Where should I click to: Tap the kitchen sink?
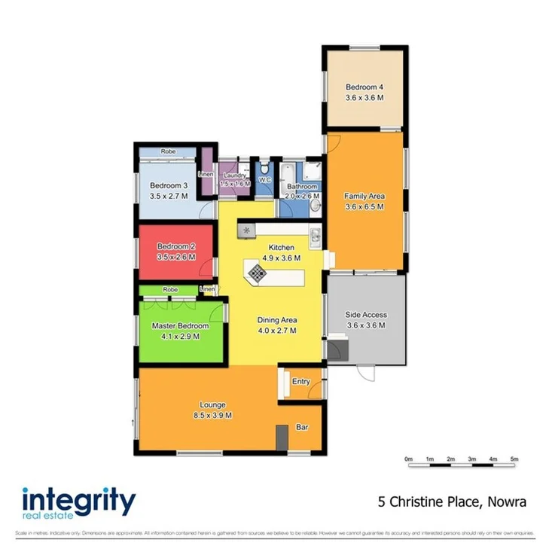click(316, 239)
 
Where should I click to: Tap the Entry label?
click(300, 382)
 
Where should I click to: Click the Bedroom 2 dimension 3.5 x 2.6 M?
click(176, 258)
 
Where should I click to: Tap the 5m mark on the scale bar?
click(514, 458)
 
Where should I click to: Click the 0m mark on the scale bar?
click(408, 458)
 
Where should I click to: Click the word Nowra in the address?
click(505, 502)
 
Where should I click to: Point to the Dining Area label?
click(276, 319)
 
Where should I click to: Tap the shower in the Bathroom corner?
click(314, 169)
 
